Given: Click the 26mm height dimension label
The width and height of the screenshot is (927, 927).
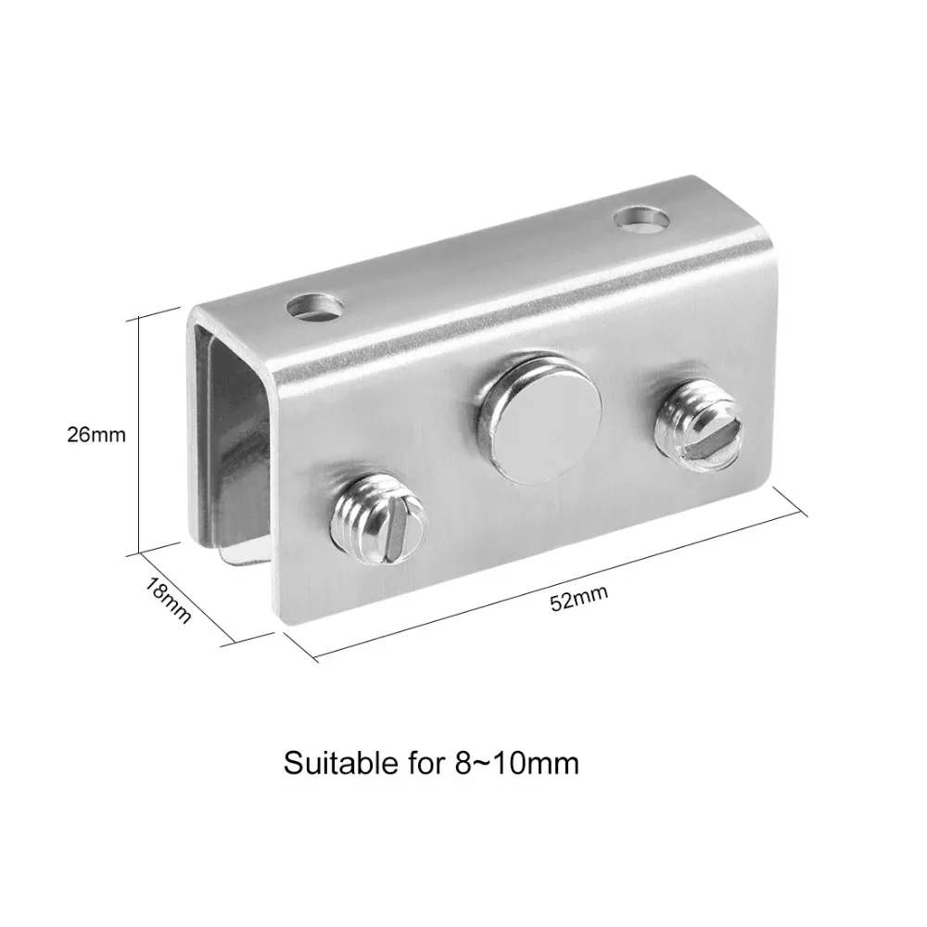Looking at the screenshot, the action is coord(96,435).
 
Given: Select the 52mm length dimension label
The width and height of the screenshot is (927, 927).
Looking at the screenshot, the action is coord(578,598).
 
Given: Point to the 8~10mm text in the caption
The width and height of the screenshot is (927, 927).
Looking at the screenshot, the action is coord(517,763).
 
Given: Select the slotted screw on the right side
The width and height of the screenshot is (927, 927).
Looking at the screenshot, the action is coord(700,425).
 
